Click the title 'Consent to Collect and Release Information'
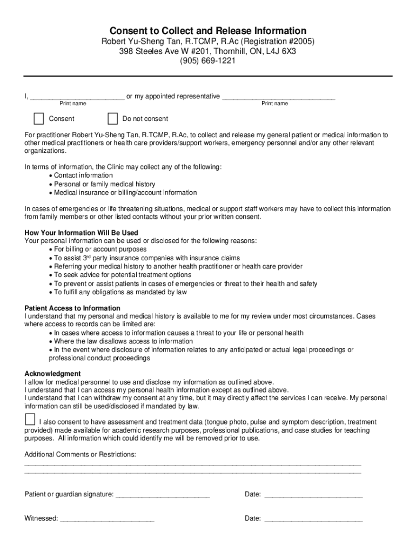coord(208,31)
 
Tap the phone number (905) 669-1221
coord(208,61)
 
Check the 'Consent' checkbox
coord(38,119)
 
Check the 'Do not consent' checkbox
coord(112,119)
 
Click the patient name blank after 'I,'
coord(77,97)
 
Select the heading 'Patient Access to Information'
coord(72,308)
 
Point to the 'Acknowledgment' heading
coord(53,374)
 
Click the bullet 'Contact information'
coord(83,176)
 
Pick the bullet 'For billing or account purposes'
coord(100,249)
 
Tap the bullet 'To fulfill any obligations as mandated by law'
coord(120,292)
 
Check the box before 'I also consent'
coord(30,420)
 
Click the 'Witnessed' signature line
coord(107,519)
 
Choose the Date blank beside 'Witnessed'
coord(313,519)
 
